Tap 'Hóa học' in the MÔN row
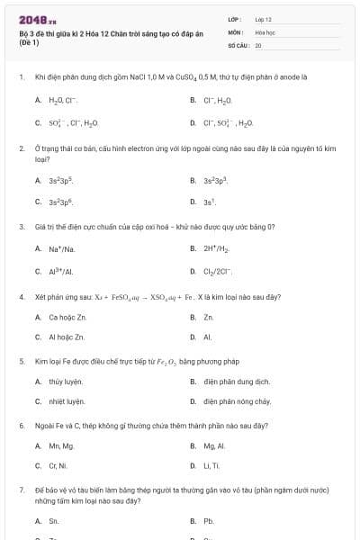click(x=264, y=31)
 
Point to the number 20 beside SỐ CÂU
click(x=258, y=44)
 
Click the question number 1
click(x=21, y=77)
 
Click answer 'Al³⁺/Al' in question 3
click(x=61, y=271)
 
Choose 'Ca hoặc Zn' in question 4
click(x=67, y=318)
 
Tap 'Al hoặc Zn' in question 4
click(x=67, y=337)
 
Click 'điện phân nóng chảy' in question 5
click(x=237, y=401)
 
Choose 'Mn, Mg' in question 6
click(x=61, y=446)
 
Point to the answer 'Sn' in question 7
click(x=54, y=521)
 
